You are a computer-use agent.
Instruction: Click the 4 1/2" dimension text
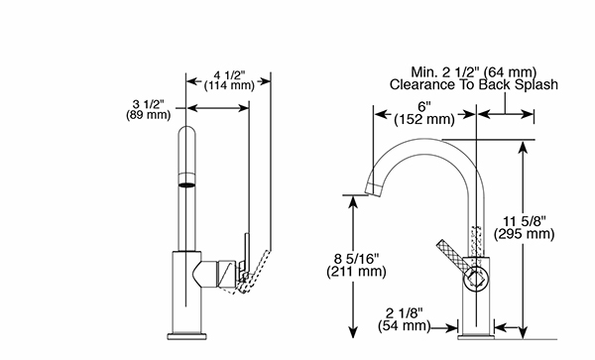[x=230, y=75]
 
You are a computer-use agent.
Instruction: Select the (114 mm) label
[x=229, y=85]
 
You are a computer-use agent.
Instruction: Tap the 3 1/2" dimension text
[x=149, y=104]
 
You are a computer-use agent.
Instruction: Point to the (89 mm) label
[x=149, y=115]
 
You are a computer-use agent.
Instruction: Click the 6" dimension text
[x=424, y=106]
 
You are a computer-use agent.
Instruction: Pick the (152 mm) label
[x=424, y=119]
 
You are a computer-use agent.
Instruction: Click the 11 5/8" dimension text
[x=525, y=221]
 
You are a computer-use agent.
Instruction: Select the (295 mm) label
[x=525, y=234]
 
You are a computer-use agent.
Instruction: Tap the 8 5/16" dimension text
[x=356, y=259]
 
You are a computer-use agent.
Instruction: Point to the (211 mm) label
[x=356, y=272]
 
